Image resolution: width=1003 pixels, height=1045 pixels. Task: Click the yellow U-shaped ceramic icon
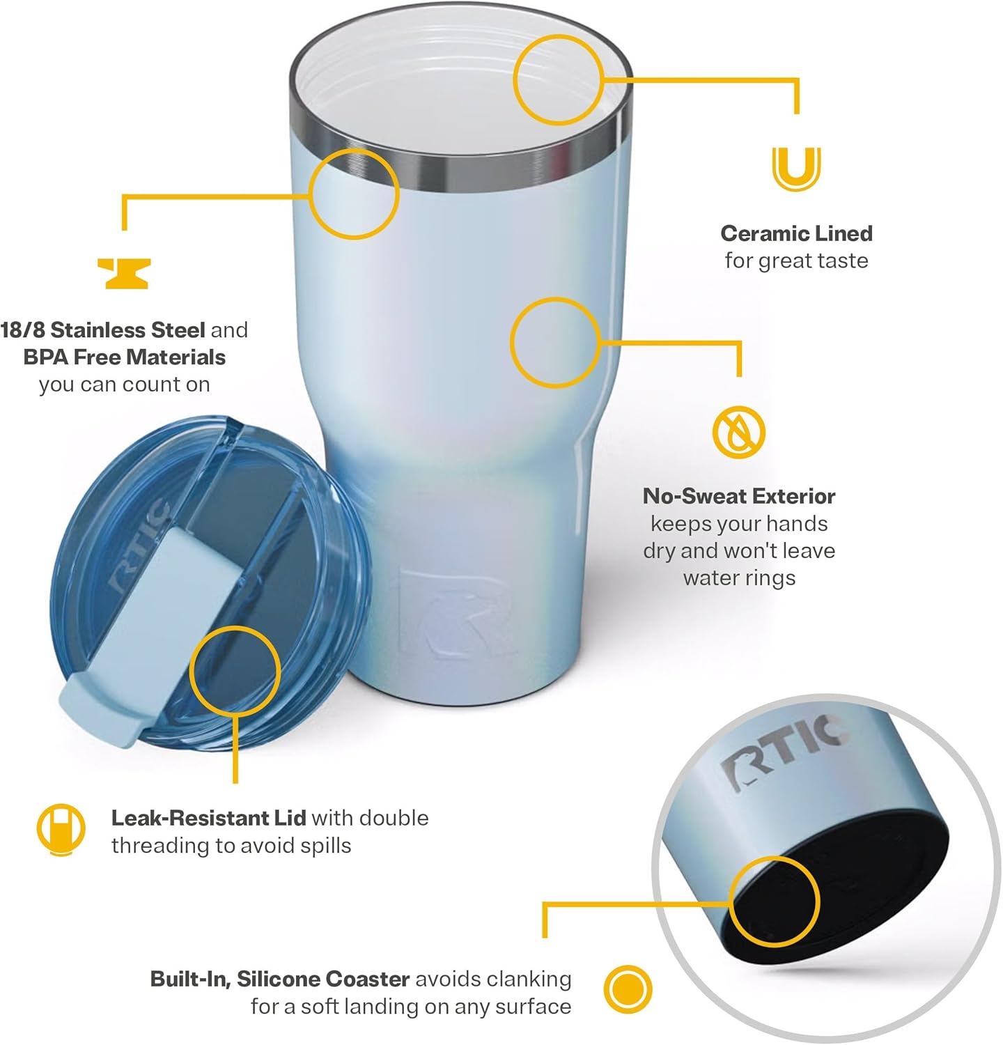pyautogui.click(x=796, y=169)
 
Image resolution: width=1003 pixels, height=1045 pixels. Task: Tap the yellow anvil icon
pyautogui.click(x=124, y=273)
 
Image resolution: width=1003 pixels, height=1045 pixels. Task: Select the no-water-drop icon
pyautogui.click(x=738, y=432)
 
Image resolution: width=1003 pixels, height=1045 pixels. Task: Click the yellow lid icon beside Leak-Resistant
pyautogui.click(x=61, y=830)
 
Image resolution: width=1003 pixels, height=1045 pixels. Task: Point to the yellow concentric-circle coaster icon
pyautogui.click(x=628, y=989)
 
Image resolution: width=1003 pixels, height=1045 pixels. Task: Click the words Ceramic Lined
pyautogui.click(x=796, y=233)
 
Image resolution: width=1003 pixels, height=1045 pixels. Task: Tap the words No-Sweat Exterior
pyautogui.click(x=739, y=496)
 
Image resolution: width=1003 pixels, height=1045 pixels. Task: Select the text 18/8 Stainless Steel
pyautogui.click(x=103, y=330)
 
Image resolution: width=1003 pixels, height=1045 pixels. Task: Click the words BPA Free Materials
pyautogui.click(x=125, y=357)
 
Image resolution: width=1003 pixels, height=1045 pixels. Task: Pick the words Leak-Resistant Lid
pyautogui.click(x=208, y=818)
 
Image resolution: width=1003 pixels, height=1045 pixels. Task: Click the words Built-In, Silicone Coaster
pyautogui.click(x=280, y=979)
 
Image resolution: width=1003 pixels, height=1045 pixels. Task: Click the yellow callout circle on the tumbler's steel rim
pyautogui.click(x=354, y=194)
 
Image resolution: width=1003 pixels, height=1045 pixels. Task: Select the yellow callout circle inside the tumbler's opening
pyautogui.click(x=559, y=80)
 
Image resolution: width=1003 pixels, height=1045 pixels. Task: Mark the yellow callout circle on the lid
pyautogui.click(x=235, y=670)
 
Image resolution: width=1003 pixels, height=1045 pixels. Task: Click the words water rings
pyautogui.click(x=739, y=578)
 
